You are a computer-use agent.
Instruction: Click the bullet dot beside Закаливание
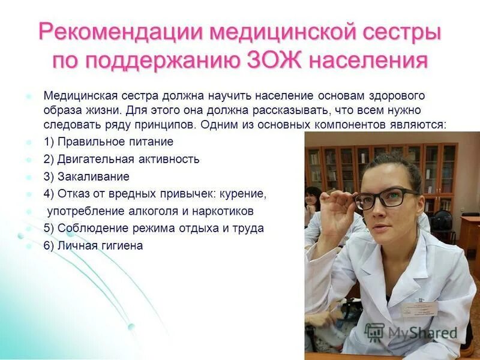point(28,177)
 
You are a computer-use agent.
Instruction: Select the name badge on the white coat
point(425,308)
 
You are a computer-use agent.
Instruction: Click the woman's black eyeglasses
point(384,198)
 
